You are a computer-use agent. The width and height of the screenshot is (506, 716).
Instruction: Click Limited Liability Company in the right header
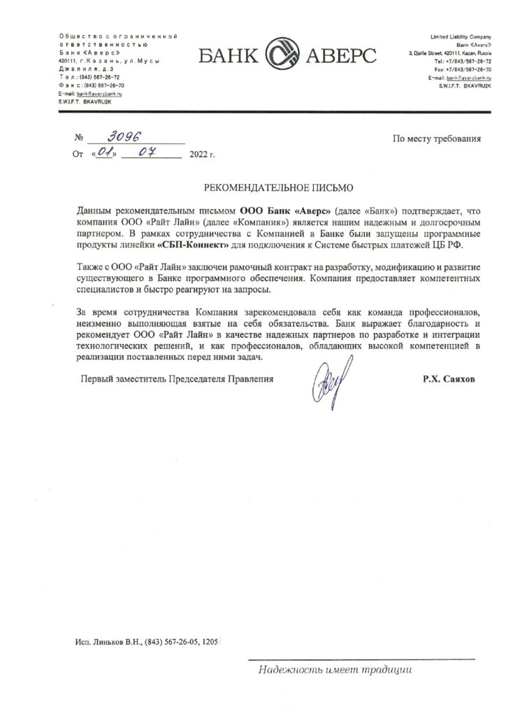[x=456, y=36]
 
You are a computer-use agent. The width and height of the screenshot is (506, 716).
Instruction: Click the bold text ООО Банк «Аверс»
[x=286, y=210]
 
